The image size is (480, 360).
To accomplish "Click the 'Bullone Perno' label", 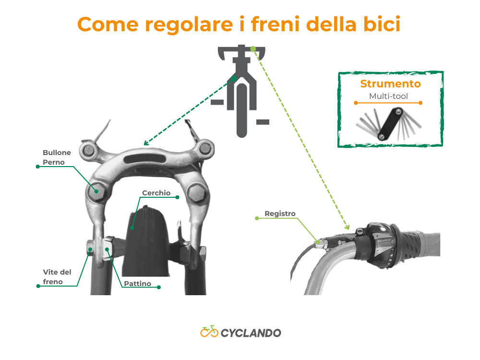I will click(57, 157).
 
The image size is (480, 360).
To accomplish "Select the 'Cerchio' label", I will click(156, 192).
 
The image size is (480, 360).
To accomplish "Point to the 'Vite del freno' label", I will click(57, 277).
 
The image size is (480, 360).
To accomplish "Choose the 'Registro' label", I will click(280, 214).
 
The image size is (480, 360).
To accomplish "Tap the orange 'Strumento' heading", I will click(390, 84).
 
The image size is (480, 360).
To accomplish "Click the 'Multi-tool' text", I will click(388, 96).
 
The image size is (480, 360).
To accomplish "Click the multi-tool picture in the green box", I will click(389, 124).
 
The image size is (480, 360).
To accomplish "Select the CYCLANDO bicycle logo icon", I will click(209, 332).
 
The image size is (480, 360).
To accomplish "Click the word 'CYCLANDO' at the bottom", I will click(251, 333).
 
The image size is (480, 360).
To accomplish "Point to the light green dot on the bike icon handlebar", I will click(253, 49).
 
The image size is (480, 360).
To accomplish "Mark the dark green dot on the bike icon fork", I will click(234, 78).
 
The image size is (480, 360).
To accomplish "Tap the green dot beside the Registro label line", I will click(257, 218).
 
